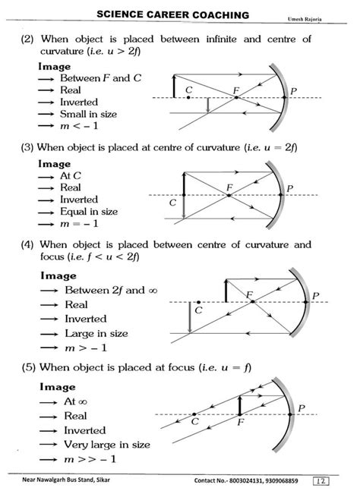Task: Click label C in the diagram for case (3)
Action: tap(172, 203)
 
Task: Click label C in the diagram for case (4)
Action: tap(198, 309)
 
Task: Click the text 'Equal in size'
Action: tap(90, 212)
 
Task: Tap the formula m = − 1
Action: tap(80, 225)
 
